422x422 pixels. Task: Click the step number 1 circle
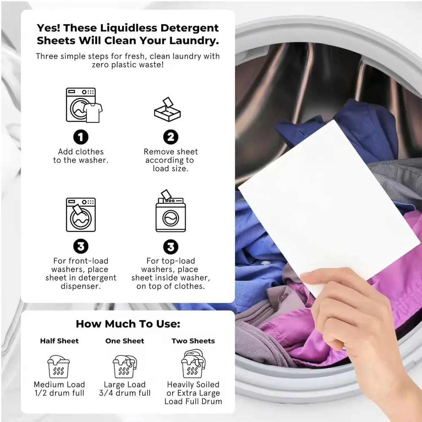(x=81, y=137)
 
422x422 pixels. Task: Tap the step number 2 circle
(x=170, y=137)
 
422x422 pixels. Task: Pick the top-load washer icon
(x=170, y=213)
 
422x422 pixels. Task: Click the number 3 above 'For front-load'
(x=81, y=246)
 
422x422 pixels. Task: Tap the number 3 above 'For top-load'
(x=170, y=246)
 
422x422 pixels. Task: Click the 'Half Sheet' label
(x=60, y=341)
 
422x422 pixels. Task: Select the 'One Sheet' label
(x=125, y=341)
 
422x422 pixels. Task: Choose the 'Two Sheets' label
(x=193, y=341)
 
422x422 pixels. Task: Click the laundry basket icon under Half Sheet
(x=59, y=366)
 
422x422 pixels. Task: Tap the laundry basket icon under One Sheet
(x=125, y=366)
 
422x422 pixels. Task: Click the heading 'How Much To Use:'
(x=128, y=324)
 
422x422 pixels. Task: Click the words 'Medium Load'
(x=60, y=384)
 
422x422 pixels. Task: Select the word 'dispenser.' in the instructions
(x=81, y=286)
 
